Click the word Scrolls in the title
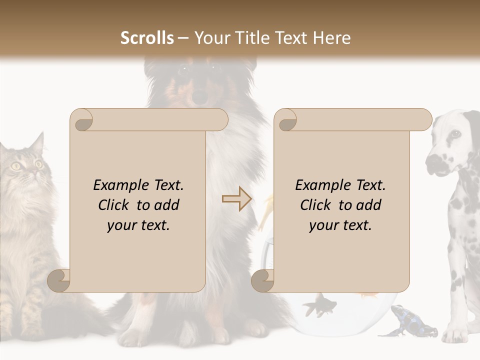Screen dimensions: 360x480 147,38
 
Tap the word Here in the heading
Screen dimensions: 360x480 332,38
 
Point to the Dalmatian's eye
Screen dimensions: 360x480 454,134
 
